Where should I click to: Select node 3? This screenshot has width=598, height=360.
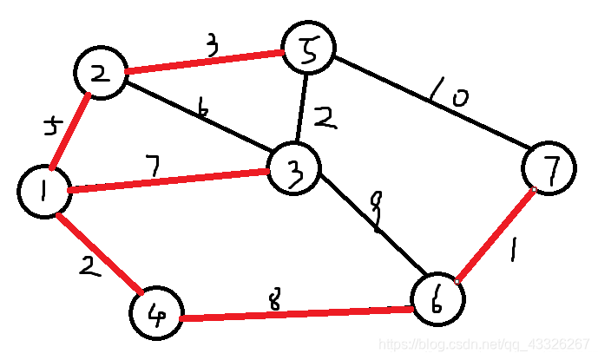click(294, 172)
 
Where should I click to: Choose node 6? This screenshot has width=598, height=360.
click(438, 300)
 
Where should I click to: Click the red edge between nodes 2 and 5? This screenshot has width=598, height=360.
click(204, 62)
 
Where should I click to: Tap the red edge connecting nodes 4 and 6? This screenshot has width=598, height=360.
click(295, 311)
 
